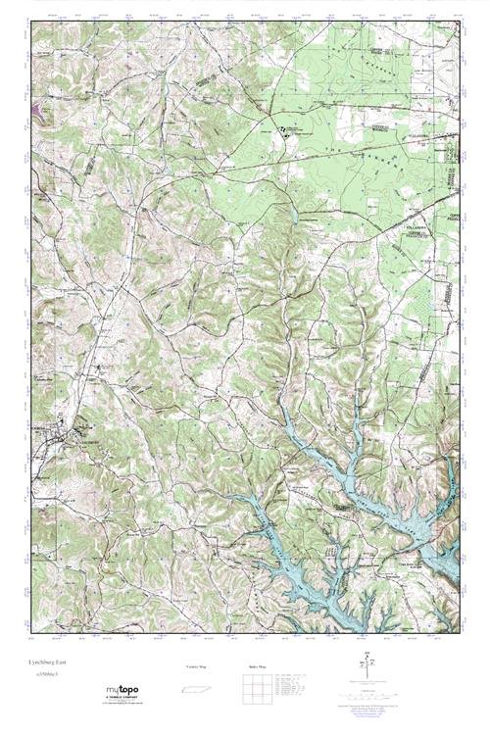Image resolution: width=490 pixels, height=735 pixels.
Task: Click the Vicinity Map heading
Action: click(x=196, y=666)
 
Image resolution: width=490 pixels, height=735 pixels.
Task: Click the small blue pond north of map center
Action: click(x=291, y=214)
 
